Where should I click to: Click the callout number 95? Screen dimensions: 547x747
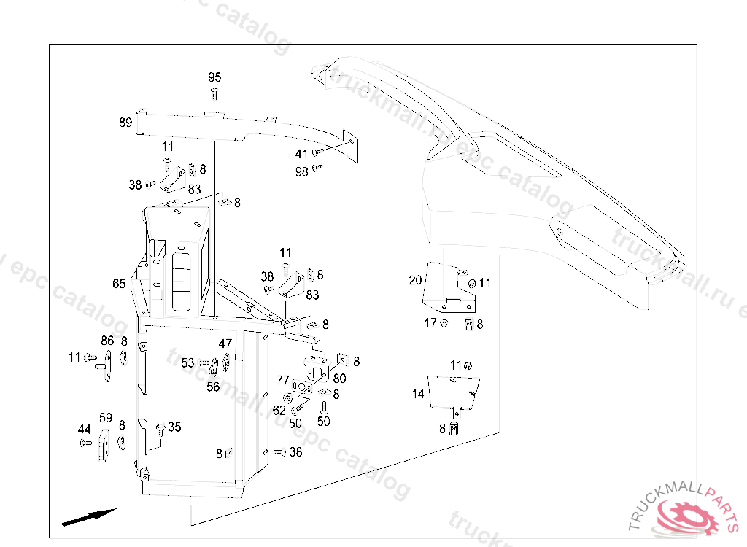click(214, 77)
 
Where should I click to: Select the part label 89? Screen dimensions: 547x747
click(125, 123)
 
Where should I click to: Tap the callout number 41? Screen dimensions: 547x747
click(301, 154)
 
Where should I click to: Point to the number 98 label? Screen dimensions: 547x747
click(301, 171)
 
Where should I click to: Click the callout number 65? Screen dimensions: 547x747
click(119, 284)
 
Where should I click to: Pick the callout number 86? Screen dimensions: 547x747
click(107, 341)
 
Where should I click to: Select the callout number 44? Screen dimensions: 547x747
click(85, 430)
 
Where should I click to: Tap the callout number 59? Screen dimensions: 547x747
click(106, 418)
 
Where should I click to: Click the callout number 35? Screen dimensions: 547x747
click(174, 427)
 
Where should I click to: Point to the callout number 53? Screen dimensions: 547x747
click(188, 362)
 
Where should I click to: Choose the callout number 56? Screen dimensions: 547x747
click(213, 387)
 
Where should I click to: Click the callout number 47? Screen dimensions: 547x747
click(225, 343)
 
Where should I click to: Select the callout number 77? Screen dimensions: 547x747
click(282, 379)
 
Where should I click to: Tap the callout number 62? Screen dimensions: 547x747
click(279, 411)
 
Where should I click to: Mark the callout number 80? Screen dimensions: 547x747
click(340, 379)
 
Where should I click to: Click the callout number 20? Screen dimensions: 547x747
click(415, 280)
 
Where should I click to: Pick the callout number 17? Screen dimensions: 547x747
click(430, 322)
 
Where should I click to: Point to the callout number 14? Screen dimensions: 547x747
click(418, 394)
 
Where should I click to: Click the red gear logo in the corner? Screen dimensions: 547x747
click(685, 517)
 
